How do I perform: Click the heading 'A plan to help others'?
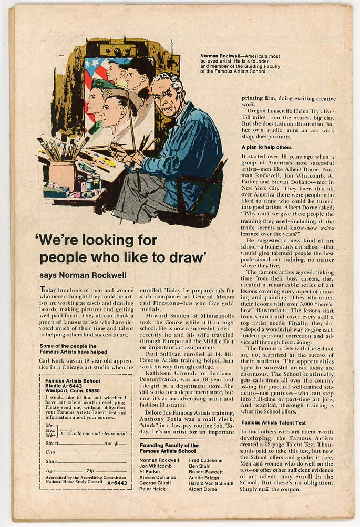[x=266, y=147]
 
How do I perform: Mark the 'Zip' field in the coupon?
[x=107, y=471]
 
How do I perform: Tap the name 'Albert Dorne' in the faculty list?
[x=202, y=489]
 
